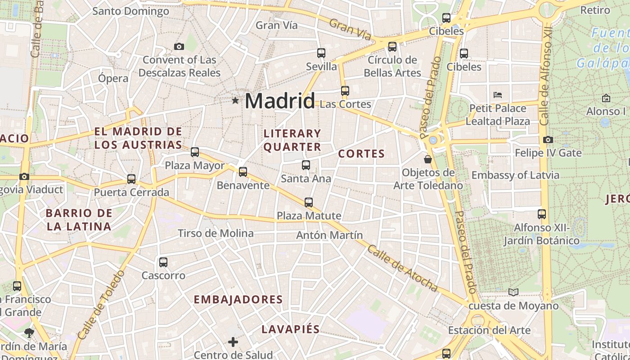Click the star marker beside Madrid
pyautogui.click(x=235, y=100)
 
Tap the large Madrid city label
pyautogui.click(x=279, y=101)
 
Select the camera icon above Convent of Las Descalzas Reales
pyautogui.click(x=179, y=46)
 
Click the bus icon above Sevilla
pyautogui.click(x=321, y=53)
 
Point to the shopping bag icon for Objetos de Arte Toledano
pyautogui.click(x=428, y=159)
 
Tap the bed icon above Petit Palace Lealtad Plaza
pyautogui.click(x=498, y=94)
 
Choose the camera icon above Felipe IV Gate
pyautogui.click(x=548, y=139)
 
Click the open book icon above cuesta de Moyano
pyautogui.click(x=513, y=292)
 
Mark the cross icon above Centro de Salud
pyautogui.click(x=233, y=342)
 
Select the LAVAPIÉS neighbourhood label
pyautogui.click(x=291, y=329)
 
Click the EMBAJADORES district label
pyautogui.click(x=238, y=300)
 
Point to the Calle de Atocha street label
pyautogui.click(x=402, y=268)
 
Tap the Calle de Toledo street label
pyautogui.click(x=101, y=305)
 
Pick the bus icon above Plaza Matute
pyautogui.click(x=309, y=202)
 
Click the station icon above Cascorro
pyautogui.click(x=163, y=262)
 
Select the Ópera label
pyautogui.click(x=113, y=78)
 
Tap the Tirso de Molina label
pyautogui.click(x=216, y=234)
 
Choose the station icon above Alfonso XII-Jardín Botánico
pyautogui.click(x=542, y=214)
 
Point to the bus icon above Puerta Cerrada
pyautogui.click(x=131, y=179)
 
